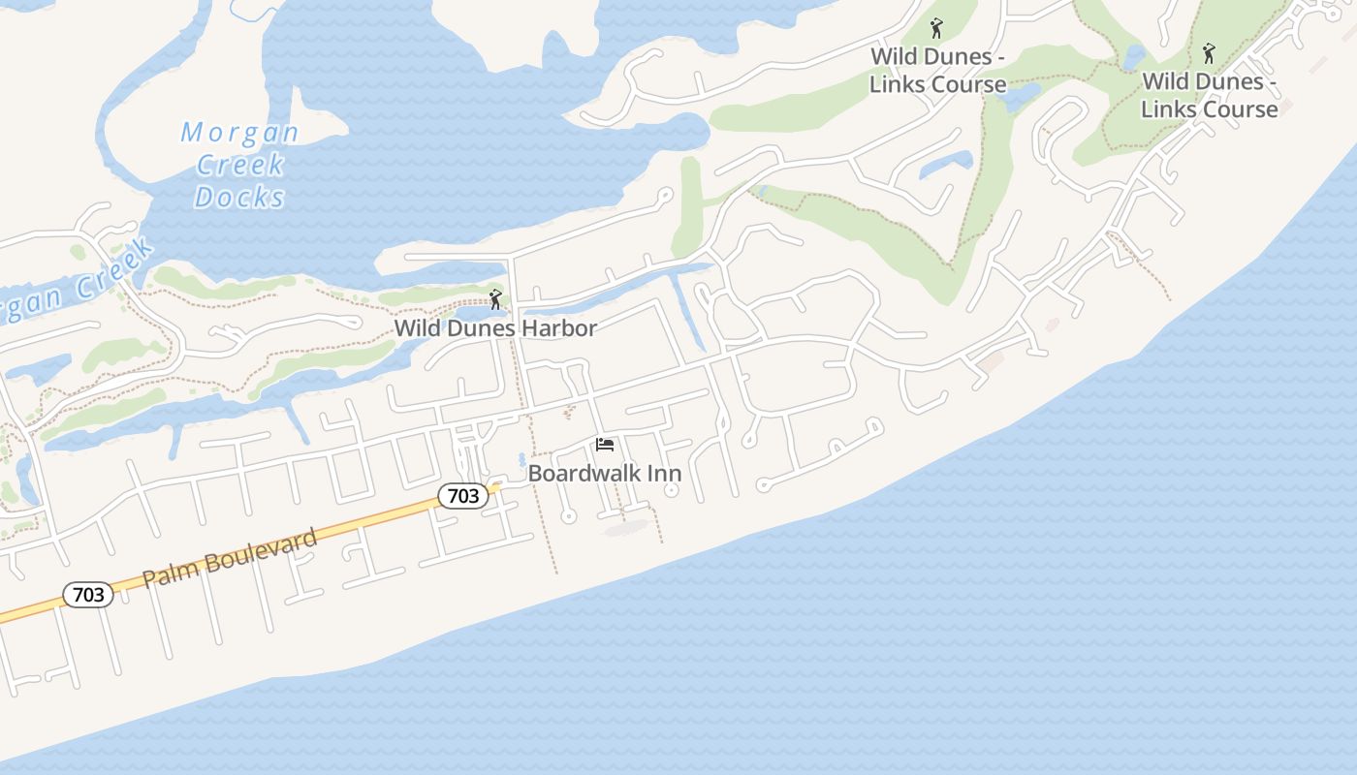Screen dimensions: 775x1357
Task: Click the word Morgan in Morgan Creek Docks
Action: click(x=239, y=133)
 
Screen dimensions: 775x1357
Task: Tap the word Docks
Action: click(x=239, y=198)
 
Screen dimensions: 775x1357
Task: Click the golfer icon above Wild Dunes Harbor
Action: click(x=495, y=299)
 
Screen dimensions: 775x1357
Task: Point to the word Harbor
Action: click(x=559, y=328)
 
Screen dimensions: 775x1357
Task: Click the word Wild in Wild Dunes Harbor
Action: click(x=417, y=328)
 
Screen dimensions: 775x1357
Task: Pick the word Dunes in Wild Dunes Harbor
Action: click(x=481, y=328)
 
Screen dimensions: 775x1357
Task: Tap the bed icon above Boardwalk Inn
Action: click(x=605, y=445)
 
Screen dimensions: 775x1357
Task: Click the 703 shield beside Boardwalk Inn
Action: click(x=463, y=496)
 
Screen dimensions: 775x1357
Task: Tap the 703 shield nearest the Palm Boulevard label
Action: click(x=88, y=595)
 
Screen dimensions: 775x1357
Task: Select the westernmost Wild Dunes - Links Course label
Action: click(x=937, y=71)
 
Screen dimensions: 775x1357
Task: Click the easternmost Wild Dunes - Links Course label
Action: click(x=1209, y=95)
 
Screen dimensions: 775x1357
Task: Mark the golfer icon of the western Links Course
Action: click(x=935, y=28)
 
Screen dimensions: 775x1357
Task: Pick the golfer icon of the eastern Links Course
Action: click(x=1208, y=52)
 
